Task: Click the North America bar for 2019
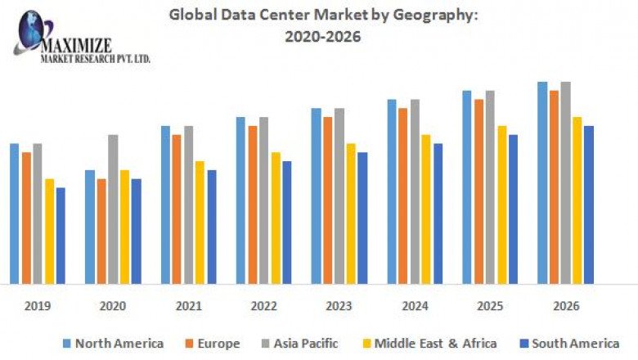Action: tap(14, 214)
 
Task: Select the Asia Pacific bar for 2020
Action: tap(113, 209)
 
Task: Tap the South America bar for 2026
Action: tap(588, 205)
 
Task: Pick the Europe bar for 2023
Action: tap(327, 200)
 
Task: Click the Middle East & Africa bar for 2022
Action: tap(275, 218)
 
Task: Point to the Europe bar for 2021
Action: tap(177, 209)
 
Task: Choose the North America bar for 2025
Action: tap(466, 187)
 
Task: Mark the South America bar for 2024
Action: tap(438, 214)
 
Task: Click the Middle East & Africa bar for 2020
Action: tap(124, 227)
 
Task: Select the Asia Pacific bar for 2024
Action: tap(415, 191)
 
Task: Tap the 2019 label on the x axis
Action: tap(38, 306)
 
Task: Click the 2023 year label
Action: tap(339, 306)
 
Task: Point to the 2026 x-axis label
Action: tap(566, 306)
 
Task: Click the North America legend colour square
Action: tap(67, 344)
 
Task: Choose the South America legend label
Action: tap(574, 344)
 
